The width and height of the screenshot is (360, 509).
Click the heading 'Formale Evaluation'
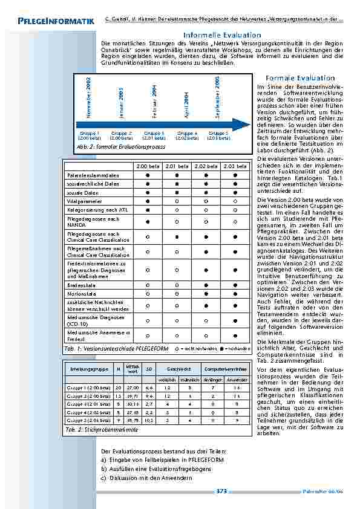point(300,79)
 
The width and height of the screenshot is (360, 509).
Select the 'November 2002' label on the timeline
point(88,96)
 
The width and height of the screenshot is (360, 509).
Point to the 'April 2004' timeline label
point(186,105)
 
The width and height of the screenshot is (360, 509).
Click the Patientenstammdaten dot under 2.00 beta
point(146,175)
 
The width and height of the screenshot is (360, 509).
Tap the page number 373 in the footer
point(221,491)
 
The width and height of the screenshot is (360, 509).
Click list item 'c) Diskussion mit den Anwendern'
point(147,478)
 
